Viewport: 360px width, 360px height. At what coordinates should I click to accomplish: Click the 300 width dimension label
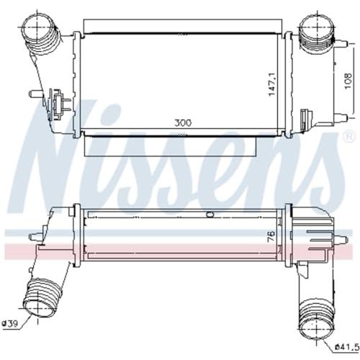pyautogui.click(x=183, y=123)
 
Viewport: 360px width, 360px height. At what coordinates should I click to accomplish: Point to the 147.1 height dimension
pyautogui.click(x=272, y=84)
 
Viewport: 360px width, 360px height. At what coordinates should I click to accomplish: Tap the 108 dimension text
pyautogui.click(x=348, y=81)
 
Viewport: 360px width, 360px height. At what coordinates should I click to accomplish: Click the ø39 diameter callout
pyautogui.click(x=10, y=324)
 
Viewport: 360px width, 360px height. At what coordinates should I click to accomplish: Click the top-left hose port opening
pyautogui.click(x=38, y=27)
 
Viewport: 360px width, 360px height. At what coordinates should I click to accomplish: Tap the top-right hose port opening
pyautogui.click(x=318, y=27)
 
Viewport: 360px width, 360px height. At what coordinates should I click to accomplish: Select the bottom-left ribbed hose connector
pyautogui.click(x=41, y=297)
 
